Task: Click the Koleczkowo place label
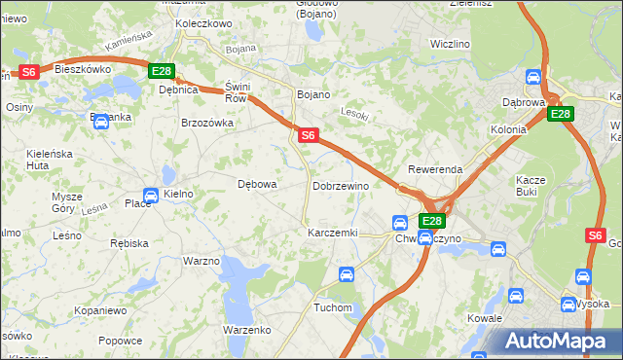pos(202,22)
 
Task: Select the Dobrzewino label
pos(340,185)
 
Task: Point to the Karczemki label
pos(333,234)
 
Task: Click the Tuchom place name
pos(332,307)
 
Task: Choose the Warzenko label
pos(246,330)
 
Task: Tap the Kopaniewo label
pos(101,310)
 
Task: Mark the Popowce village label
pos(120,341)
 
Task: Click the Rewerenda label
pos(435,169)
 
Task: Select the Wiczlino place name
pos(450,44)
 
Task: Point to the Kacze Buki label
pos(533,186)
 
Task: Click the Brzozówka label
pos(207,123)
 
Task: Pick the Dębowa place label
pos(258,183)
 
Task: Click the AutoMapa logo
pos(559,341)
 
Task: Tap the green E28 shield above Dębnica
pos(162,71)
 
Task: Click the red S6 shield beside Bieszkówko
pos(28,71)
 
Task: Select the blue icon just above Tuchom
pos(345,275)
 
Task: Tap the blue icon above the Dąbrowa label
pos(533,77)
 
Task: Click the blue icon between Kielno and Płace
pos(151,195)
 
